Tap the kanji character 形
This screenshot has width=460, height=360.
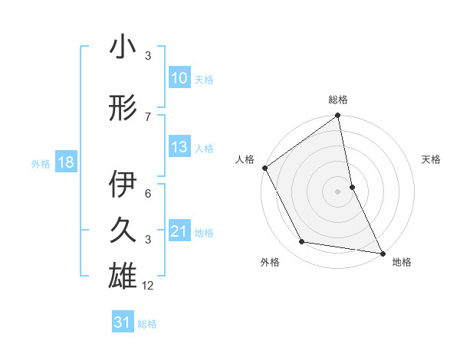coord(122,108)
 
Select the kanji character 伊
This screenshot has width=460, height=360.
coord(122,185)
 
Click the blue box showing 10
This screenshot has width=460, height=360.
coord(179,79)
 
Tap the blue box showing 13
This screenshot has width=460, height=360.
coord(179,147)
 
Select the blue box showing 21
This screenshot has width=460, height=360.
coord(179,231)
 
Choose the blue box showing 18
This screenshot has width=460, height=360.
coord(65,162)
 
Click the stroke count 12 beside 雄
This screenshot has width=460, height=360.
coord(148,286)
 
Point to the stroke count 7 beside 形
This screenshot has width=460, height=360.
coord(148,116)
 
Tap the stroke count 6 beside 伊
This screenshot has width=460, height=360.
coord(148,194)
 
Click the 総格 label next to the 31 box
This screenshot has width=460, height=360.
coord(147,324)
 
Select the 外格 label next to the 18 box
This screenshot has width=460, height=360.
coord(41,163)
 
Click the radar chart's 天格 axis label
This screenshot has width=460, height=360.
coord(432,159)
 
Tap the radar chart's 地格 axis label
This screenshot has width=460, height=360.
coord(402,262)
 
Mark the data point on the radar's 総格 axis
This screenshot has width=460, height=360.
coord(338,116)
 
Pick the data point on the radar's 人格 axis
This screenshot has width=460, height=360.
coord(264,168)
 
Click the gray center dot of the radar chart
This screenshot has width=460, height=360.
coord(338,191)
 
